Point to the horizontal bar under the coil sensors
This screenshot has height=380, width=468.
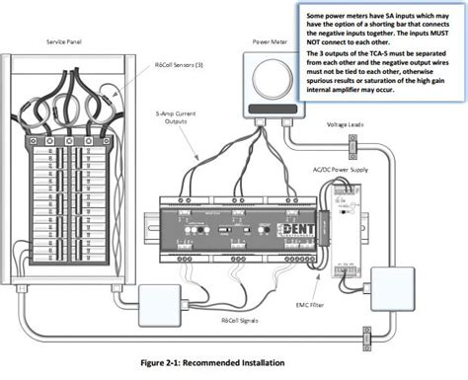pyautogui.click(x=68, y=126)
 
